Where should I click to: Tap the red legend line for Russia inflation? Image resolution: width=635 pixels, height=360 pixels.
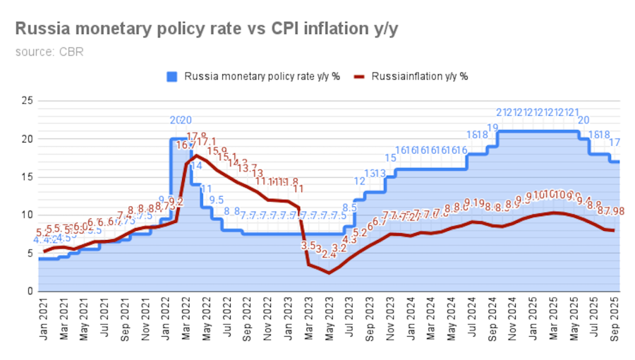point(361,76)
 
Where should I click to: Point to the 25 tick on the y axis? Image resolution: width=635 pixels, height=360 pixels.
point(28,101)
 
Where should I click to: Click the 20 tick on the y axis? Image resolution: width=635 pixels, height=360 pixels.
point(28,139)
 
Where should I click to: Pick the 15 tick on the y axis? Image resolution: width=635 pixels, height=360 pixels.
point(28,177)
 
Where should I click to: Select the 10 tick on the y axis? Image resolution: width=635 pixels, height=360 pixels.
point(28,215)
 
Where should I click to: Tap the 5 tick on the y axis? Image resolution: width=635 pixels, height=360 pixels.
point(30,253)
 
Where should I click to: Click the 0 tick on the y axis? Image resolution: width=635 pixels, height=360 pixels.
point(30,292)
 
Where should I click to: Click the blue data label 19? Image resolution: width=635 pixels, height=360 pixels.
point(492,128)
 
